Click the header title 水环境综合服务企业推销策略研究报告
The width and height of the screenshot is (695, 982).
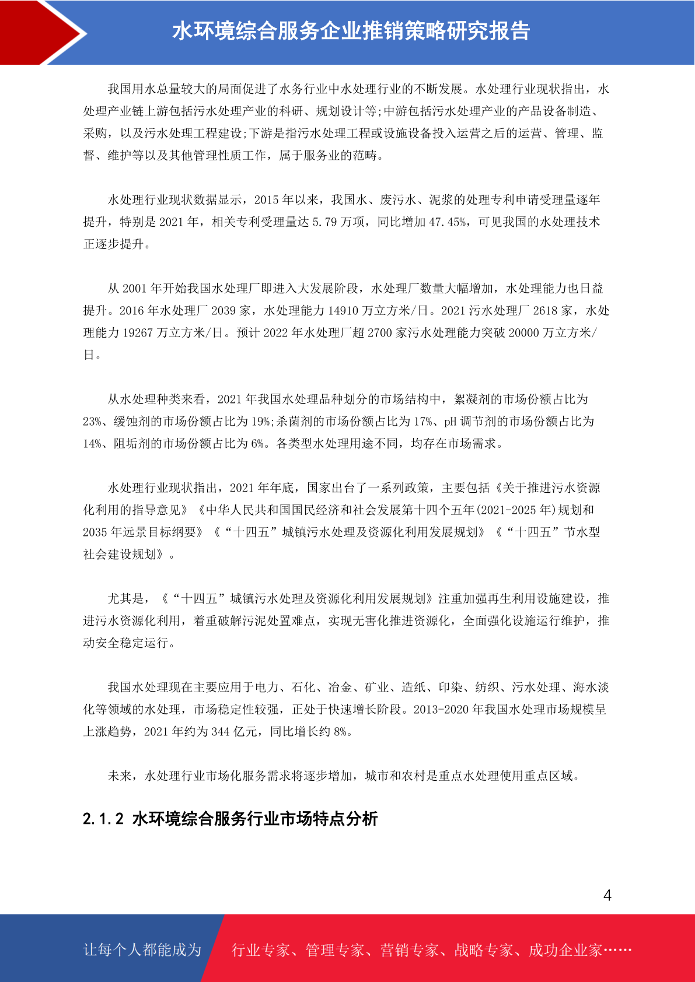pyautogui.click(x=351, y=31)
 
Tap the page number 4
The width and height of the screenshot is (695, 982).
pyautogui.click(x=607, y=896)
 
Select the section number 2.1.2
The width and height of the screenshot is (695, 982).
pyautogui.click(x=103, y=819)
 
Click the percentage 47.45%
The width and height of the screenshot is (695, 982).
pyautogui.click(x=448, y=222)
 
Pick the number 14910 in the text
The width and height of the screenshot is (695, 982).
pyautogui.click(x=343, y=311)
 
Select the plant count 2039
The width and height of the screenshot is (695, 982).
pyautogui.click(x=223, y=311)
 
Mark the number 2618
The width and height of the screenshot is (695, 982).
pyautogui.click(x=545, y=311)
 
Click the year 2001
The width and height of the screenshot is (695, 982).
pyautogui.click(x=135, y=289)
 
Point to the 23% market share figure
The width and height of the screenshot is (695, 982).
pyautogui.click(x=92, y=422)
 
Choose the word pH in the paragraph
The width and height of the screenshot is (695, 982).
pyautogui.click(x=450, y=422)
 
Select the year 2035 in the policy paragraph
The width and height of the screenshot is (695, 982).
pyautogui.click(x=95, y=532)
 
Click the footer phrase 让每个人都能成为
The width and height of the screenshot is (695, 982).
pyautogui.click(x=142, y=950)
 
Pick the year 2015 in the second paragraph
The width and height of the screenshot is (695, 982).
pyautogui.click(x=267, y=200)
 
